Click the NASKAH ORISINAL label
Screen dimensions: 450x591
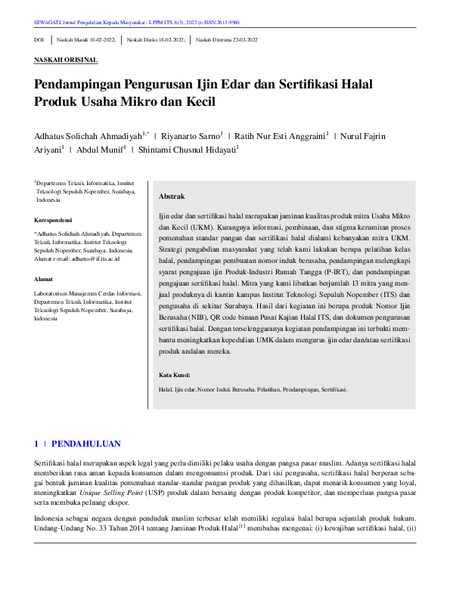click(x=66, y=59)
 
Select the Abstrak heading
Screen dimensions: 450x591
click(x=172, y=196)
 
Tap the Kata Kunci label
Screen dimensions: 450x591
click(x=175, y=375)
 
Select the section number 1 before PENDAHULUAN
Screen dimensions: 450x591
click(x=36, y=443)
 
